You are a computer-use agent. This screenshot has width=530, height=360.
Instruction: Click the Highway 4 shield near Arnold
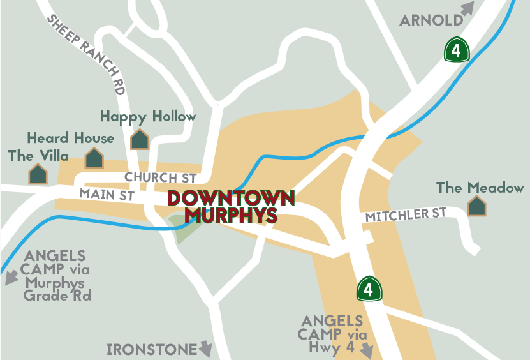(x=457, y=49)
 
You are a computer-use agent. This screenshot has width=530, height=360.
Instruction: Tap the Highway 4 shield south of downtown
(x=368, y=289)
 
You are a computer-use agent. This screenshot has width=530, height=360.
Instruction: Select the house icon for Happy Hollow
(x=139, y=139)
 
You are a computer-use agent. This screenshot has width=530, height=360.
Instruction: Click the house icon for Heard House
(x=94, y=158)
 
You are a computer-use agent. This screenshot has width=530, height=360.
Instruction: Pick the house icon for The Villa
(x=38, y=174)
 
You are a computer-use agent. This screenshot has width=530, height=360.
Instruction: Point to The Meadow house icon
(x=476, y=206)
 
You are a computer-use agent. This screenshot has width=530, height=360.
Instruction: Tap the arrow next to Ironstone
(x=205, y=349)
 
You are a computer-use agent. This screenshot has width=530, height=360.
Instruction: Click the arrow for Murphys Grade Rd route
(x=11, y=278)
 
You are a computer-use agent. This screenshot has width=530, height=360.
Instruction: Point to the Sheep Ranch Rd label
(x=85, y=55)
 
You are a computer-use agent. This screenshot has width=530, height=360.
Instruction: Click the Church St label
(x=160, y=177)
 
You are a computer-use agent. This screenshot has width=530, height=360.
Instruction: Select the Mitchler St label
(x=406, y=215)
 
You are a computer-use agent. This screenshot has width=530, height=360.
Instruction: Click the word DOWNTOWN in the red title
(x=231, y=199)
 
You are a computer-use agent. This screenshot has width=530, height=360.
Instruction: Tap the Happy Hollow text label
(x=148, y=117)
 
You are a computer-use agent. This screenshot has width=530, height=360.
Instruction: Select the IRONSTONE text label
(x=152, y=350)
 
